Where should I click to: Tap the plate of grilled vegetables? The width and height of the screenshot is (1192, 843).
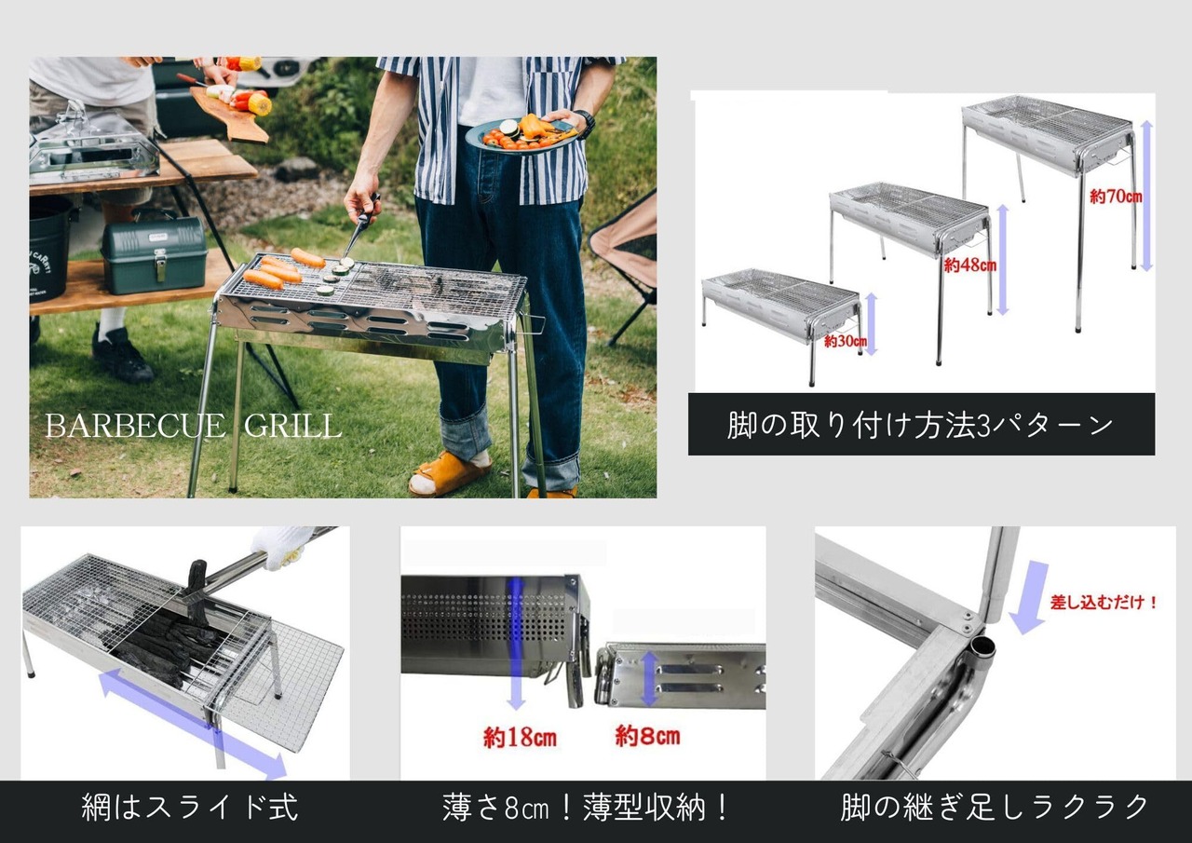tap(521, 136)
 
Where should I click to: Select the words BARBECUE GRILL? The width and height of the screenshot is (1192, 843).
tap(193, 426)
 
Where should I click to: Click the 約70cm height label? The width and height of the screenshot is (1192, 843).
tap(1116, 197)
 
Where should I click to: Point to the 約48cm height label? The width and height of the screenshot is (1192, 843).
tap(969, 265)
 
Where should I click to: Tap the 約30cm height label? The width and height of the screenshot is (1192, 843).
tap(846, 341)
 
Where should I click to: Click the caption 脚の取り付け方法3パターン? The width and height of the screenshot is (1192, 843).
tap(920, 426)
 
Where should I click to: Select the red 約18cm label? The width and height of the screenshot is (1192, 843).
tap(520, 738)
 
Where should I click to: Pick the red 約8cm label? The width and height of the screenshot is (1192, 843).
tap(647, 736)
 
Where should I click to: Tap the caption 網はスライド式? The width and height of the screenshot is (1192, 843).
tap(189, 808)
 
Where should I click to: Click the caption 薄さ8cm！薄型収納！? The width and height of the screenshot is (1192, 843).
tap(586, 808)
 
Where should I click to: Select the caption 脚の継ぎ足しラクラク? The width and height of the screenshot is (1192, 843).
tap(994, 808)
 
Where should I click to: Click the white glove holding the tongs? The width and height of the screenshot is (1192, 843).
tap(281, 546)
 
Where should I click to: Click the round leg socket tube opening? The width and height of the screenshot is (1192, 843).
tap(982, 647)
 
